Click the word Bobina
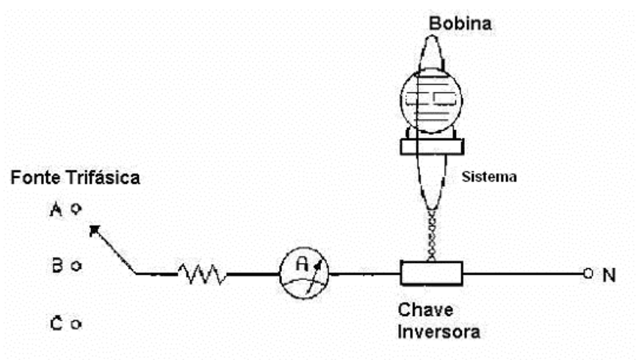point(460,24)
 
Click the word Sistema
point(489,176)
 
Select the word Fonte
point(35,178)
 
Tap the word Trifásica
point(103,178)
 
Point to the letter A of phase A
point(56,209)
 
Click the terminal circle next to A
point(76,209)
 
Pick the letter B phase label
point(57,265)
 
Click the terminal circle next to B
point(76,266)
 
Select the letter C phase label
point(57,323)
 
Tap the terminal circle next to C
point(76,325)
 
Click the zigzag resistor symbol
point(203,273)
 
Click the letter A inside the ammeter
point(302,264)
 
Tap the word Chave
point(425,310)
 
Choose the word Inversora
point(439,331)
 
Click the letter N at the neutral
point(609,275)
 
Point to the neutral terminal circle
point(588,273)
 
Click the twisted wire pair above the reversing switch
point(432,234)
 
